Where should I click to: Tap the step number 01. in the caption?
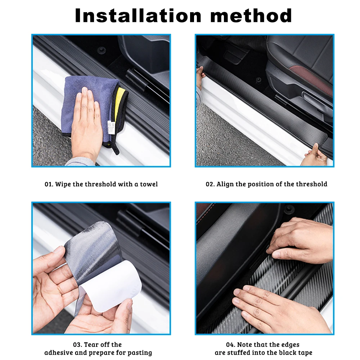coord(49,184)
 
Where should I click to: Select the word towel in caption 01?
coord(149,184)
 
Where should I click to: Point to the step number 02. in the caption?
coord(210,184)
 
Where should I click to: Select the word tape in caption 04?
coord(305,353)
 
